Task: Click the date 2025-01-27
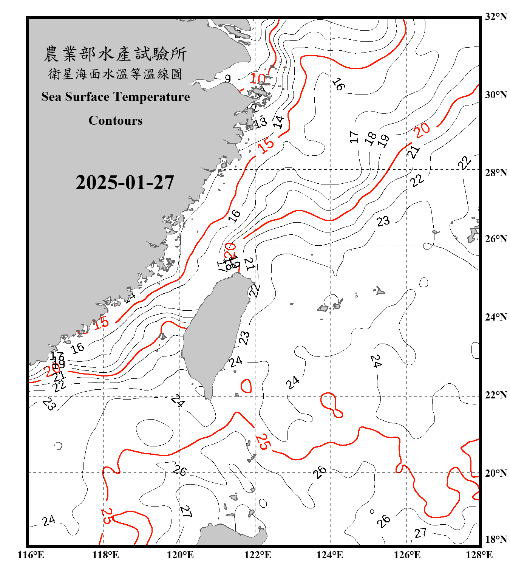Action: pos(125,183)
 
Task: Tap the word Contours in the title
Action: pos(116,121)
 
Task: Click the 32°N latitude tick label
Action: pos(496,17)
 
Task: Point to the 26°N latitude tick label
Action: pos(496,239)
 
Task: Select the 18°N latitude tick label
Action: pos(496,539)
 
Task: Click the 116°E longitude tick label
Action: pos(31,555)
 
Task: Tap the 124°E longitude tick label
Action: pos(330,555)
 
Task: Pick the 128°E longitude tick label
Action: pos(479,555)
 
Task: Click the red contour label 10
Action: pos(258,79)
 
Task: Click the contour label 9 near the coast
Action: pos(227,79)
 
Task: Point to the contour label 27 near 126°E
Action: pos(420,533)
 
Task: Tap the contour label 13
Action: pos(260,122)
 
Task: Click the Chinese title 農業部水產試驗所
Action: pos(115,54)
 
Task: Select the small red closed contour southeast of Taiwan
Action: pos(246,386)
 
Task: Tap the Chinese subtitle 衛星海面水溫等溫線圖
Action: pos(115,74)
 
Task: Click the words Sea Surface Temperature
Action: pos(116,97)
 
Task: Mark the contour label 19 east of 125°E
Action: pos(384,141)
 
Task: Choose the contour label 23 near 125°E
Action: pos(383,221)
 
